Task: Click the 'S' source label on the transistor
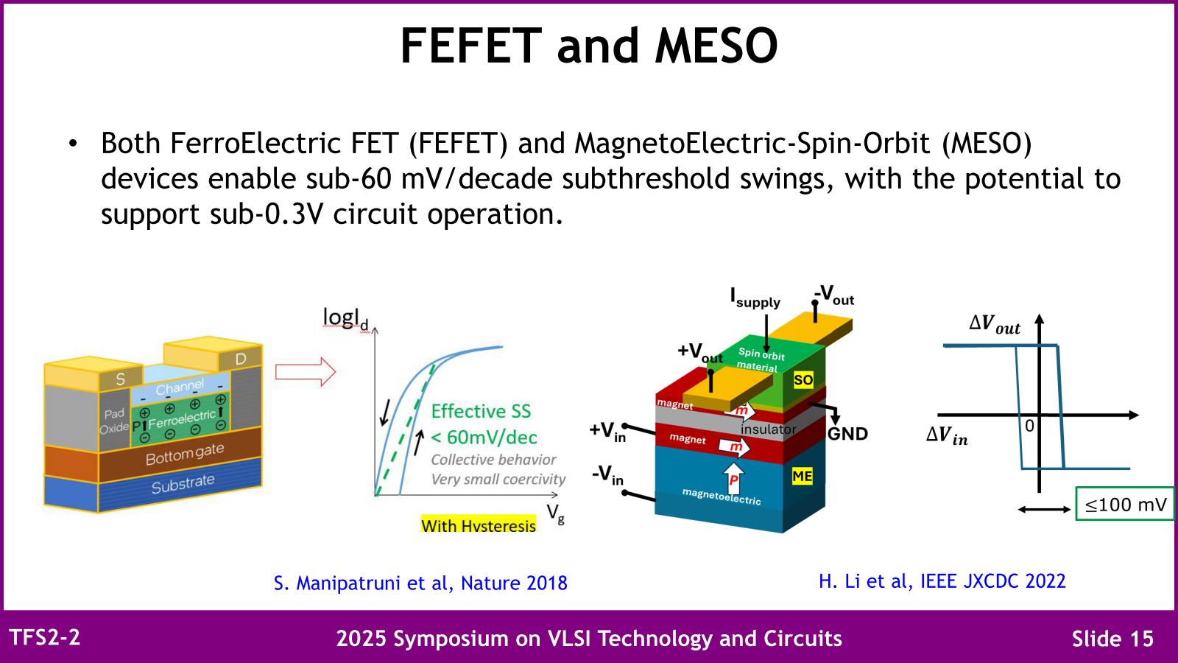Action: tap(121, 379)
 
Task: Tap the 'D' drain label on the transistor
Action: tap(240, 359)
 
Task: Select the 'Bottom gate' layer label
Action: tap(185, 455)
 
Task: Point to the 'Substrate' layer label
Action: tap(183, 484)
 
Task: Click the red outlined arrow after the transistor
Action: tap(306, 372)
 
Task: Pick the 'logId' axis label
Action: tap(345, 319)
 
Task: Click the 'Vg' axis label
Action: tap(555, 513)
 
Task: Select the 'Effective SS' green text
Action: tap(481, 411)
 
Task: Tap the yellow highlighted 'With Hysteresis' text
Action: tap(479, 525)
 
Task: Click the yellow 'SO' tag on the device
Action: tap(803, 380)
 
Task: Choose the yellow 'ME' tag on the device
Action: tap(802, 476)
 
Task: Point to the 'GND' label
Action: tap(847, 434)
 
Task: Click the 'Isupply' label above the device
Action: tap(755, 298)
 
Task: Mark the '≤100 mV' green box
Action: tap(1125, 504)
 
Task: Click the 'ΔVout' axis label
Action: tap(995, 325)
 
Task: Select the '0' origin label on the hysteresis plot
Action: tap(1030, 426)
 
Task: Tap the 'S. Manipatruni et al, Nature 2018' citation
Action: tap(420, 583)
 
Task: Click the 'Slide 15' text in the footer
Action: tap(1112, 638)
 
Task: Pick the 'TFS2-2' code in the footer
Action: tap(45, 637)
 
